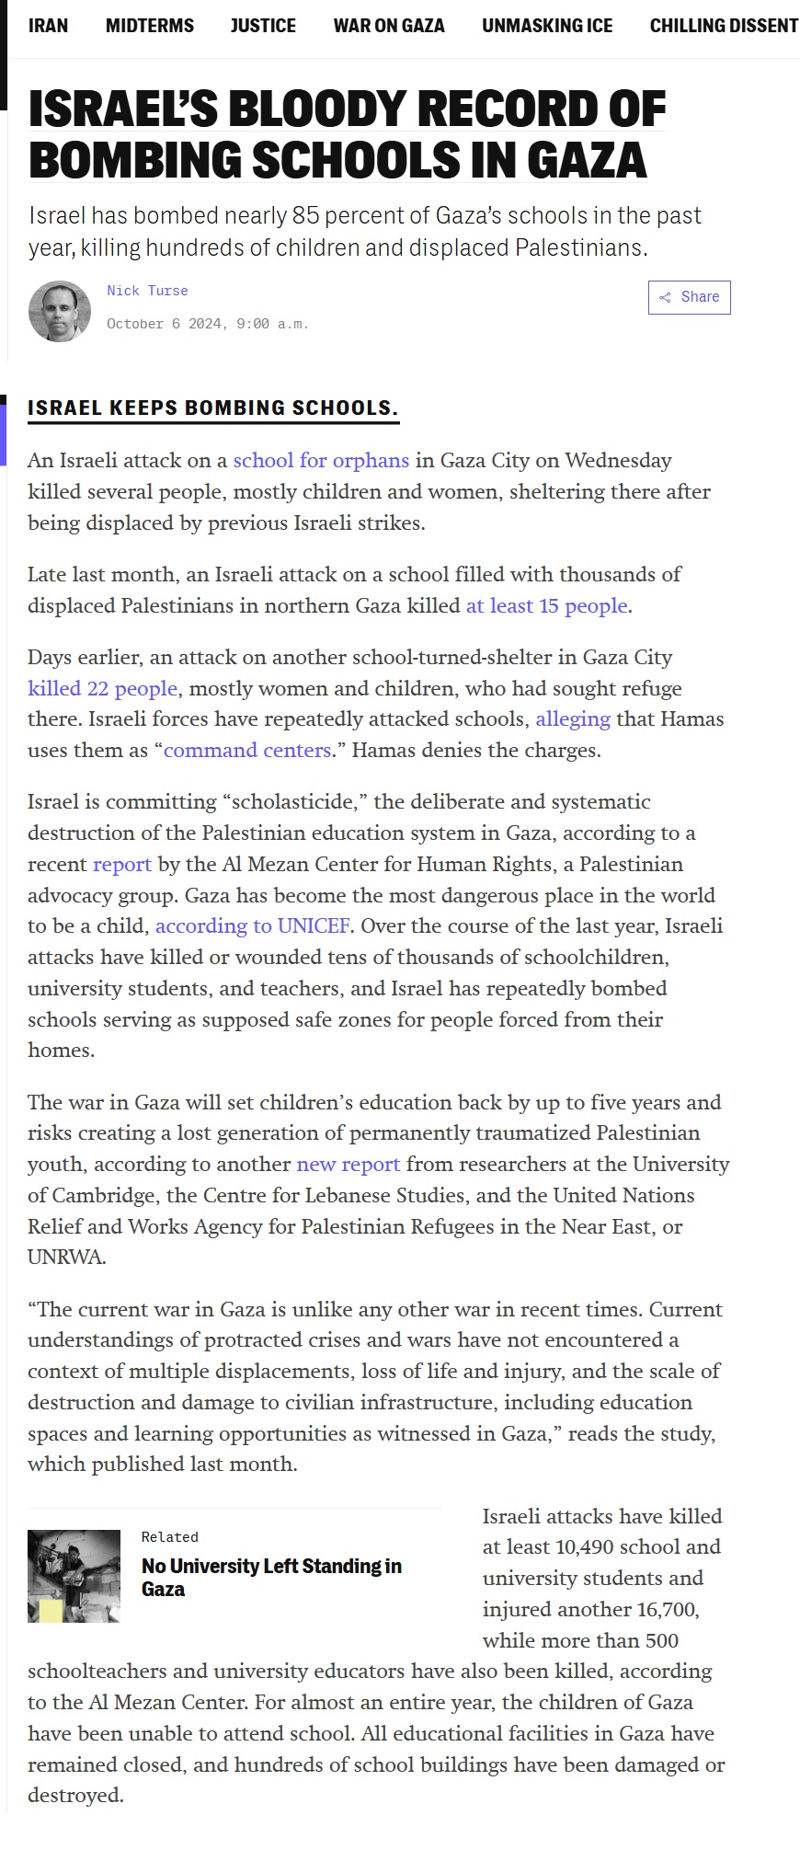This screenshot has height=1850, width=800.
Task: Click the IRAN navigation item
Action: tap(48, 26)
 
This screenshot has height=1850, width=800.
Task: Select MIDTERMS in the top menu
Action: tap(149, 26)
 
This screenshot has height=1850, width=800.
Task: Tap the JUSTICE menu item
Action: tap(263, 26)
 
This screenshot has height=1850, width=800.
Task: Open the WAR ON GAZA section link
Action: tap(388, 26)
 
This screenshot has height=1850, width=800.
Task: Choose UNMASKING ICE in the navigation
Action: tap(547, 26)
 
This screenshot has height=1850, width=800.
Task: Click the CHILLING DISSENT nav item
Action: tap(724, 26)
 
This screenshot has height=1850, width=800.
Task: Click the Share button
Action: tap(689, 297)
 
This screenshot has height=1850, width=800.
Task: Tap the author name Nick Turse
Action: tap(147, 291)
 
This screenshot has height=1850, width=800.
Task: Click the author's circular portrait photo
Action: tap(60, 311)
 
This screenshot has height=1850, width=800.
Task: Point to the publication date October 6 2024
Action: tap(207, 324)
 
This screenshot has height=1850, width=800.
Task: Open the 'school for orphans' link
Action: tap(321, 460)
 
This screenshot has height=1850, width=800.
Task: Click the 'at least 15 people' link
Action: tap(546, 605)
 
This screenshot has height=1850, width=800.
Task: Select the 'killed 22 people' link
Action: tap(102, 688)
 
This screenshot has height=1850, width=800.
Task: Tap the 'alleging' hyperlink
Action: tap(572, 718)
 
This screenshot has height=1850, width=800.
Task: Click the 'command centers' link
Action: tap(246, 750)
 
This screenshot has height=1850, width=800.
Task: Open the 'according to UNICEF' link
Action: tap(252, 925)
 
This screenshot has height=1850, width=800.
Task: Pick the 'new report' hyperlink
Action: tap(348, 1164)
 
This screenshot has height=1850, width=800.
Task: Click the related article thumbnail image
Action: tap(74, 1576)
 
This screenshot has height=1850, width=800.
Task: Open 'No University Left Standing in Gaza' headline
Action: tap(271, 1577)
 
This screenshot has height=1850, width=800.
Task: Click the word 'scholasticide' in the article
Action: tap(293, 801)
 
